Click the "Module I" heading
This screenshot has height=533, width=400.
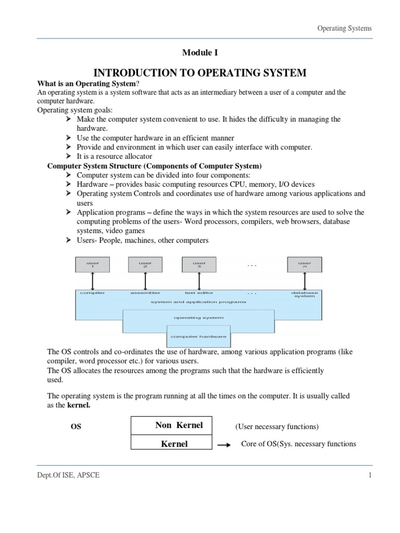pos(199,53)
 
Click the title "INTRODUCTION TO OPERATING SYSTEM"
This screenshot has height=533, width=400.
pos(199,72)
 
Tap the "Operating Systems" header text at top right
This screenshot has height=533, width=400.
pos(344,28)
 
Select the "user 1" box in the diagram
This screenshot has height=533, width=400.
pos(92,264)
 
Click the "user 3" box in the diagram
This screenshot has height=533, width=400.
pos(198,264)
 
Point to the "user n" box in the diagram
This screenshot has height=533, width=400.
pos(304,264)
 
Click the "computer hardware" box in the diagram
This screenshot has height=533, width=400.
pos(198,336)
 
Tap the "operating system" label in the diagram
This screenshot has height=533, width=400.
pos(198,317)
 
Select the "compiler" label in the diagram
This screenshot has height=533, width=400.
pos(92,293)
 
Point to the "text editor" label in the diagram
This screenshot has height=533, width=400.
pos(198,293)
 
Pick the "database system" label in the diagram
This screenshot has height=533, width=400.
pos(304,295)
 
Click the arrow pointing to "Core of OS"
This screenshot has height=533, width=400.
pos(224,445)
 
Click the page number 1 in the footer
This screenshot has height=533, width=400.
pos(370,475)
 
